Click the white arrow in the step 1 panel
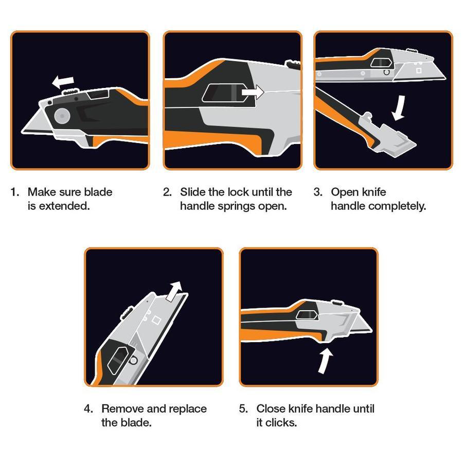coord(63,81)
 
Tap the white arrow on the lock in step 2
coord(253,92)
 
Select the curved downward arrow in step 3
coord(399,108)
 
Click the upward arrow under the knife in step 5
coord(326,361)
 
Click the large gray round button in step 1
coord(62,116)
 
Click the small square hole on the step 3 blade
coord(419,70)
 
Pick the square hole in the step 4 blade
coord(156,320)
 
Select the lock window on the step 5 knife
coord(307,315)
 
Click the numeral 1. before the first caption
coord(15,192)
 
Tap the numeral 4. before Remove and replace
coord(88,408)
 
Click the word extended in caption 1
coord(64,206)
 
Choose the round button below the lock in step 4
coord(133,360)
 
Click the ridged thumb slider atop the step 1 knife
coord(70,92)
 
